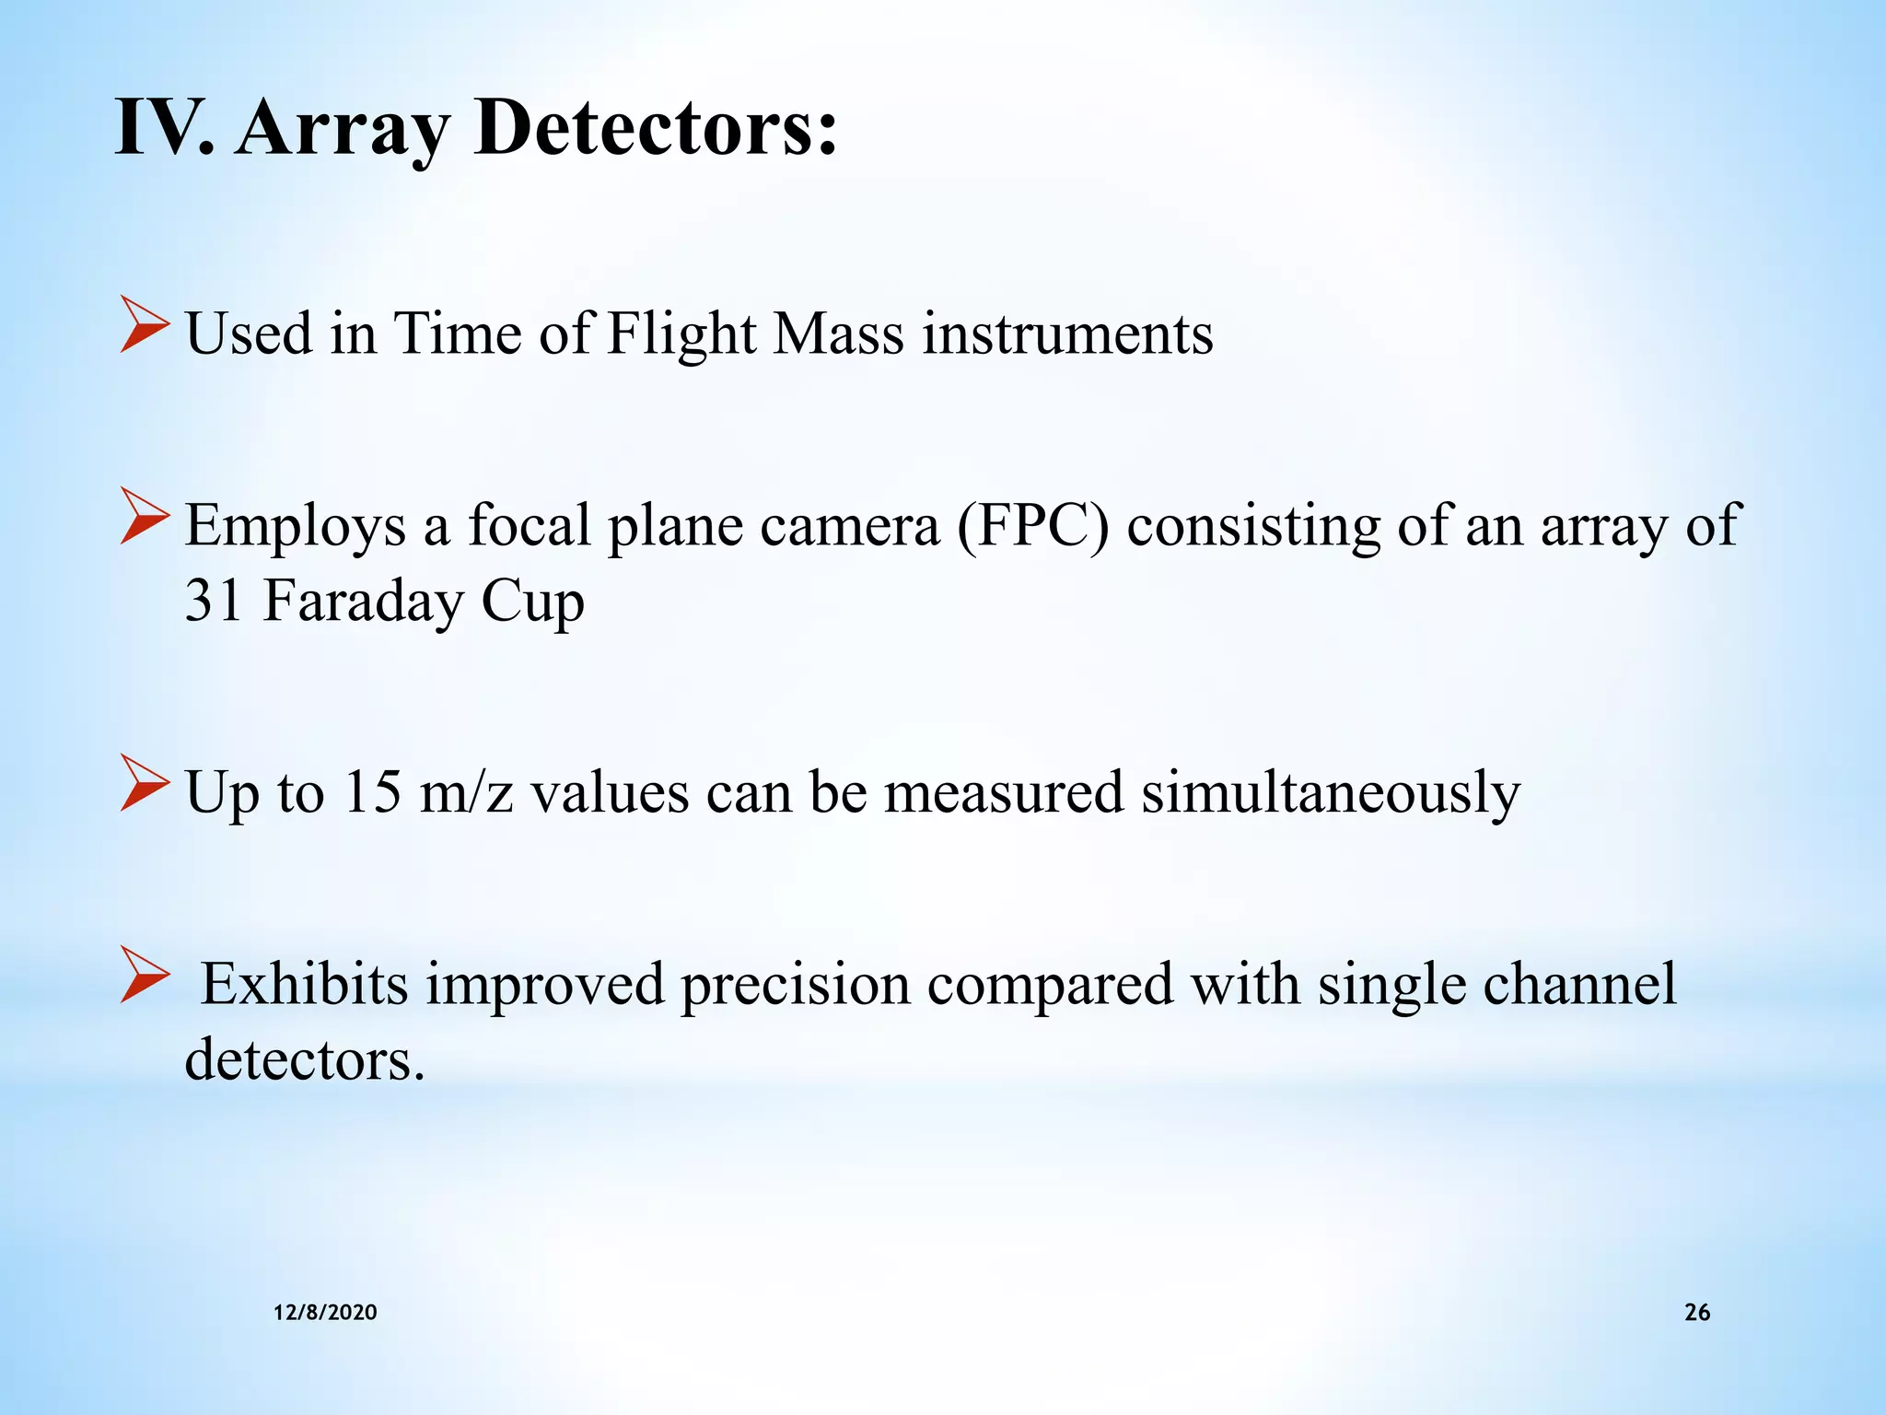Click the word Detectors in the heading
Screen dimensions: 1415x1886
click(656, 128)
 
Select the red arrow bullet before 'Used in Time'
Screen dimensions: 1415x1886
click(145, 332)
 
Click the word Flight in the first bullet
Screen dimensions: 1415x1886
click(681, 333)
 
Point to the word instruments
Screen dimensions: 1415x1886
click(1067, 333)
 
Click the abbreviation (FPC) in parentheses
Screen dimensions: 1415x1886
click(1033, 526)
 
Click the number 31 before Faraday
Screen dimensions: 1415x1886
click(214, 601)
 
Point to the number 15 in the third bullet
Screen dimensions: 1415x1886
click(372, 792)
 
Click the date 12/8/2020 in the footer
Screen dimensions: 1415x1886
click(325, 1313)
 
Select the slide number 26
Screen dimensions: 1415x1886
click(1696, 1313)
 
